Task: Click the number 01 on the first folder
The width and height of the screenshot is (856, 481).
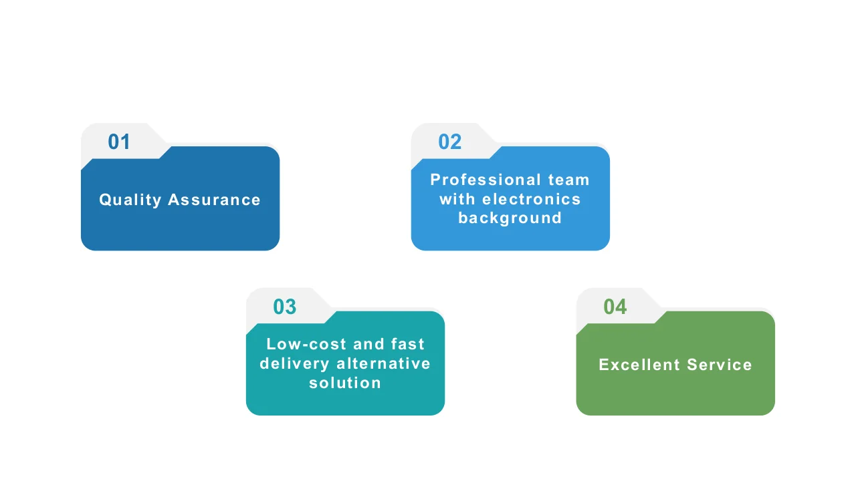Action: pos(119,142)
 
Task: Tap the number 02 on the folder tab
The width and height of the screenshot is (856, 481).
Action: pos(450,142)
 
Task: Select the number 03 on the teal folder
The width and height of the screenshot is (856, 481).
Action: pos(284,307)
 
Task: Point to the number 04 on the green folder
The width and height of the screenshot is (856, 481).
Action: pos(615,307)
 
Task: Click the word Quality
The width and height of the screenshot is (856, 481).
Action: pos(130,200)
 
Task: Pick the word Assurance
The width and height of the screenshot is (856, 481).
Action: pos(214,200)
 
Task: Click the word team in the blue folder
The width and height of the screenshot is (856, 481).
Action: pos(569,180)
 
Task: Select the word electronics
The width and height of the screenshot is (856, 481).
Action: pos(532,199)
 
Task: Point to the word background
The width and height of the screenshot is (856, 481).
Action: pos(510,218)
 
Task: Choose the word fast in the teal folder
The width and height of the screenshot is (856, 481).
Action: pos(407,344)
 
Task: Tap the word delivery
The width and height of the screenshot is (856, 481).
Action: pos(295,363)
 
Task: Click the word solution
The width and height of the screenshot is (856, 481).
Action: pos(345,383)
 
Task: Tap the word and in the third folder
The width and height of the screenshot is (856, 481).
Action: pos(368,344)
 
